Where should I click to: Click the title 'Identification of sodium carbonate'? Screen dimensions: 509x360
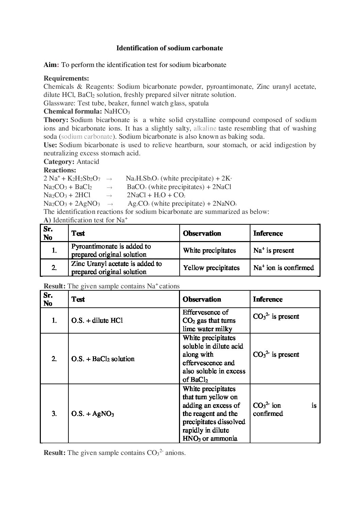[169, 48]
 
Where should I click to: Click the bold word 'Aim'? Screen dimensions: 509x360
[50, 65]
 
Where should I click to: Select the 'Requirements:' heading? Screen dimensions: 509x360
[66, 79]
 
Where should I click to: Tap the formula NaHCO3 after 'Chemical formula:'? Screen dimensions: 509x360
[117, 112]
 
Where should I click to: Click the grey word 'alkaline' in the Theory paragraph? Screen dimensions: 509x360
[205, 128]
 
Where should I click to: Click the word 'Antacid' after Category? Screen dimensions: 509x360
[88, 162]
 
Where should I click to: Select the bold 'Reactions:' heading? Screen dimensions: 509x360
[60, 170]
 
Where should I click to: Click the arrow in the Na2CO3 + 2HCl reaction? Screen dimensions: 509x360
[109, 196]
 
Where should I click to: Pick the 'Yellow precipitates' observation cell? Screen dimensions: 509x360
[211, 268]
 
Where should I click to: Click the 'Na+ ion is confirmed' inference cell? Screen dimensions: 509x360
[283, 268]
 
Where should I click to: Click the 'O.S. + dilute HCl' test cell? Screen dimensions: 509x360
[97, 320]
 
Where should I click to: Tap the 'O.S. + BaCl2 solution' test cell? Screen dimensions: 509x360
[103, 359]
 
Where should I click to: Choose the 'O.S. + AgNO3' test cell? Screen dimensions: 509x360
[93, 414]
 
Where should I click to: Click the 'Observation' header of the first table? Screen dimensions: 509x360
[202, 234]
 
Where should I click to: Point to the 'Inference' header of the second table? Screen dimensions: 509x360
[268, 299]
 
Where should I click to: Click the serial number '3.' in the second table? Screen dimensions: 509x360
[54, 414]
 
